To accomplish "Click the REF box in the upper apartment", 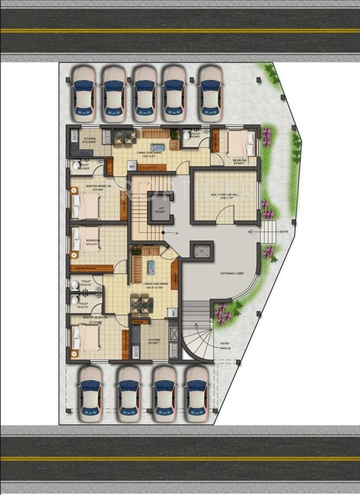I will [x=131, y=166].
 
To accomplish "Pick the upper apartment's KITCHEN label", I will [x=90, y=139].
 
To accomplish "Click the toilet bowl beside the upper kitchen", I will [x=77, y=166].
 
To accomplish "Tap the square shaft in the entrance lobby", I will [x=201, y=251].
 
